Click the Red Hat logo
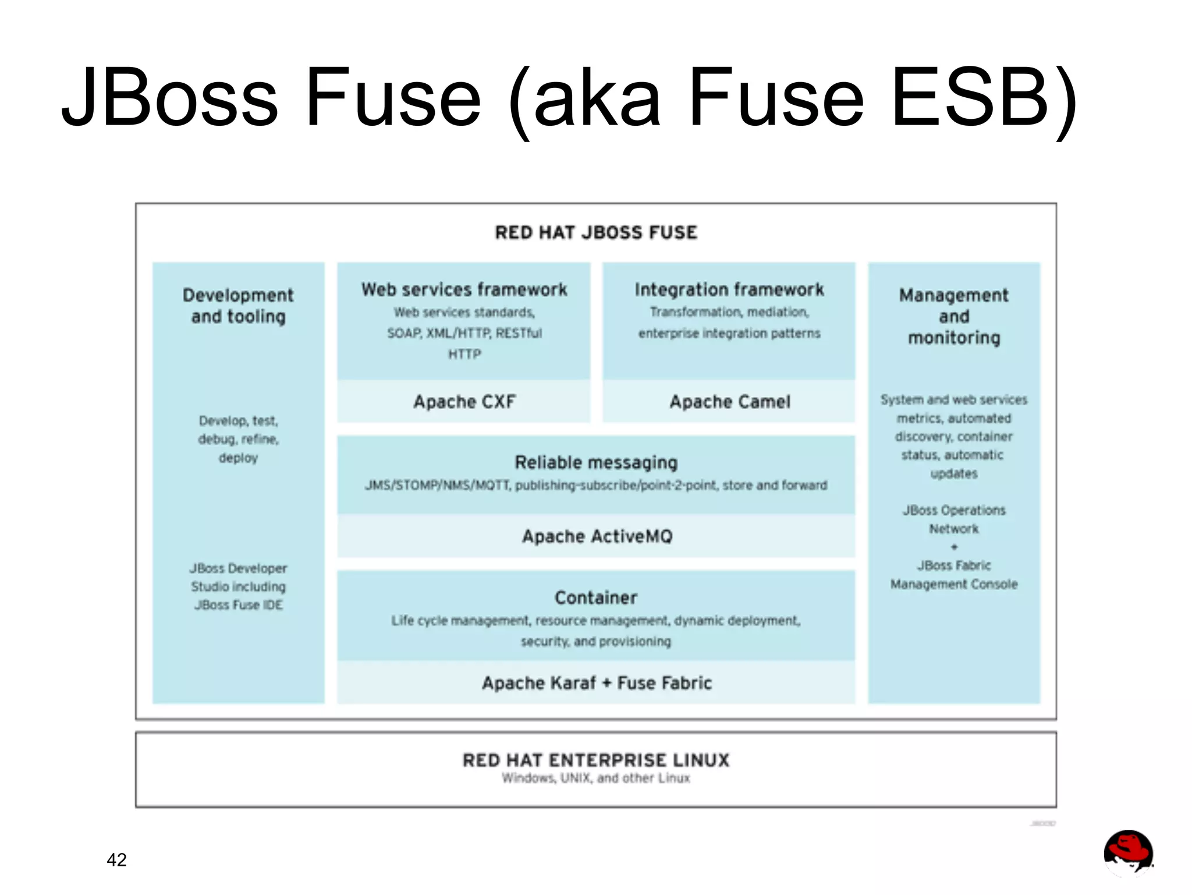click(x=1128, y=852)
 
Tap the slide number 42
click(x=116, y=859)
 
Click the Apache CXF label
click(x=464, y=401)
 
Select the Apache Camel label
click(x=730, y=401)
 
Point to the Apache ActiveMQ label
click(x=597, y=536)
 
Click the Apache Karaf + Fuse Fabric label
click(x=597, y=682)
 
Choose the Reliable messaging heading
click(x=596, y=462)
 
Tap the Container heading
click(x=596, y=597)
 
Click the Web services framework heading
click(x=464, y=289)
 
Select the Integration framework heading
click(x=729, y=289)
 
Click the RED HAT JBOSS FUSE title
click(x=596, y=232)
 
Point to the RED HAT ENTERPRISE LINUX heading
click(x=596, y=760)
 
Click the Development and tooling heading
click(x=238, y=306)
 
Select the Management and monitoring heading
click(x=954, y=316)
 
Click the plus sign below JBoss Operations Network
click(x=954, y=547)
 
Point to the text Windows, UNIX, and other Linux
click(x=596, y=779)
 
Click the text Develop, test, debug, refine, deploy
click(x=238, y=439)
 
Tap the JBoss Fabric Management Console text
click(x=954, y=575)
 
